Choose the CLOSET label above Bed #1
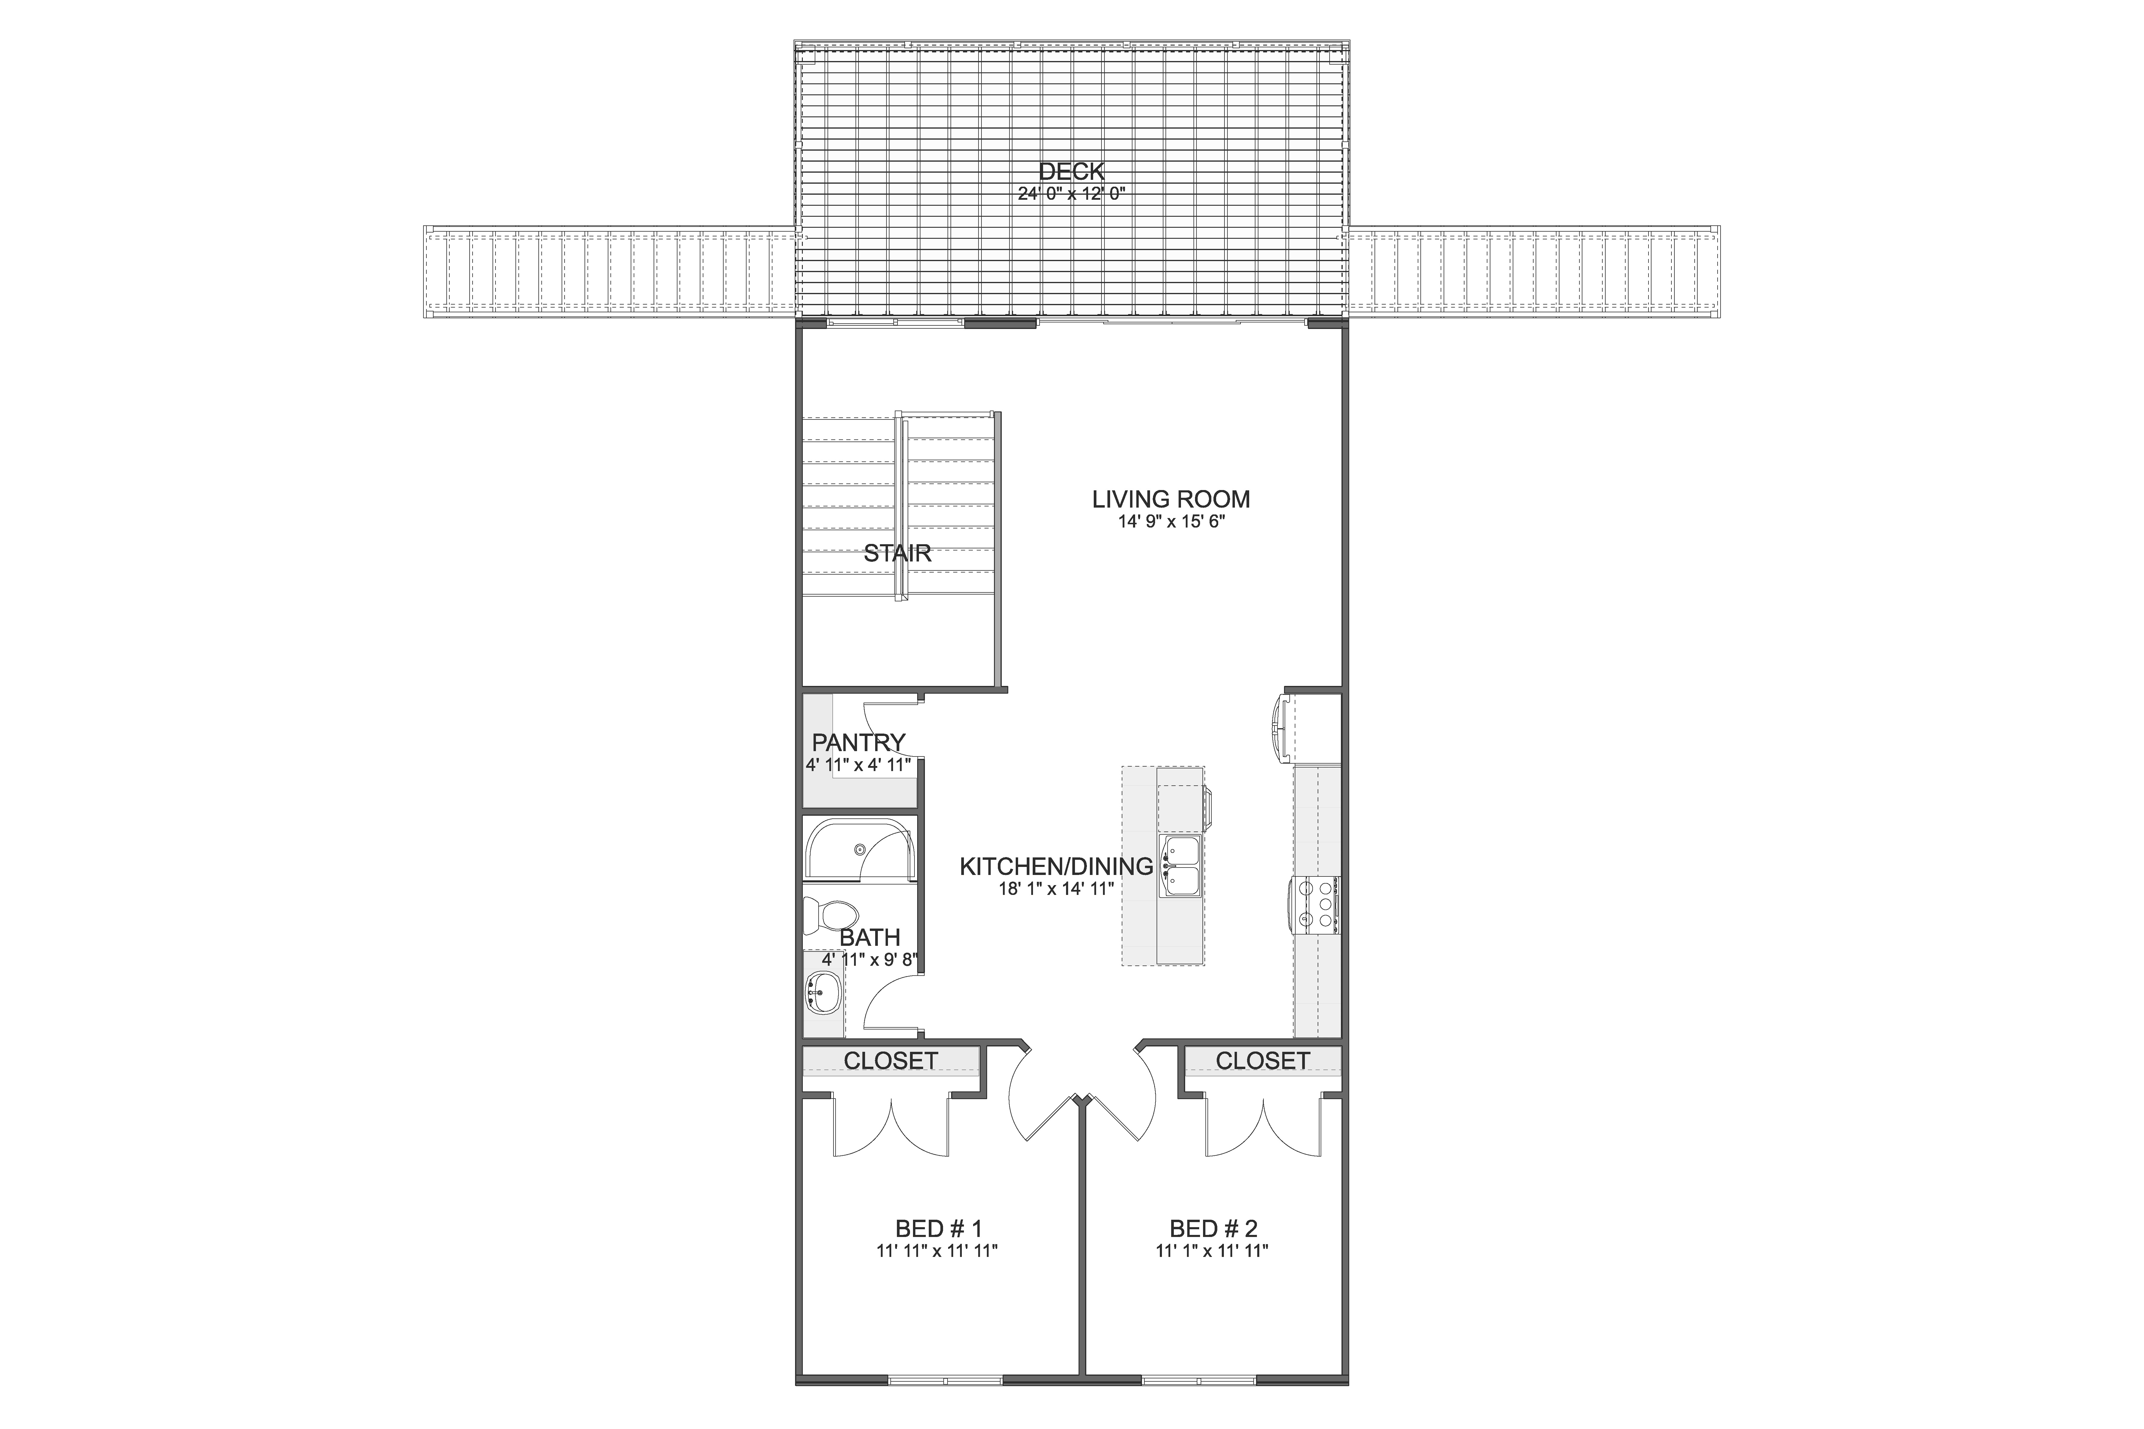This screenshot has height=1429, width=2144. click(891, 1061)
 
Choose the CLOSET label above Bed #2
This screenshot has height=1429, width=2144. click(1263, 1061)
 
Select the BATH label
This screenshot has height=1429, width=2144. click(870, 937)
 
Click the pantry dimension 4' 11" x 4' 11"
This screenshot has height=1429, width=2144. click(859, 765)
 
